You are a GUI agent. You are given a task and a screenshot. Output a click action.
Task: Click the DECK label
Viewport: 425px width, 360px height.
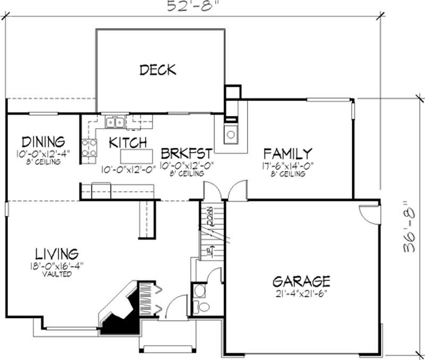tap(157, 70)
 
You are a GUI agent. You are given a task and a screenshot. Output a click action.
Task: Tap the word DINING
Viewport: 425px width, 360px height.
tap(43, 142)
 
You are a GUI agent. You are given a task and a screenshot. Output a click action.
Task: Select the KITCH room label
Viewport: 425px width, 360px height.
tap(128, 143)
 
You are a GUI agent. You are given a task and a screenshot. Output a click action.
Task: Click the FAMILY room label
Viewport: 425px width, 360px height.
tap(288, 154)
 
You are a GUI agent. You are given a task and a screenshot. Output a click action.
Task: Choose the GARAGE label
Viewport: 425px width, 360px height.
tap(301, 281)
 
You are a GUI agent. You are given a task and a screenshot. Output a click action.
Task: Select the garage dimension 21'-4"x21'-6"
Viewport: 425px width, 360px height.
tap(301, 293)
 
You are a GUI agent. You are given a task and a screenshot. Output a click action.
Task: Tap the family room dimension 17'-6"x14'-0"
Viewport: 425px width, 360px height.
tap(288, 165)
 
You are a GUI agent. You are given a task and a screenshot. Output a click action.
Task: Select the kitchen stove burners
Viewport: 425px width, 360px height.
tap(89, 148)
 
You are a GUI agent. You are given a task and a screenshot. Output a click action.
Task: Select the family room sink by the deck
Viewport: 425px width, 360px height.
tap(231, 134)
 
